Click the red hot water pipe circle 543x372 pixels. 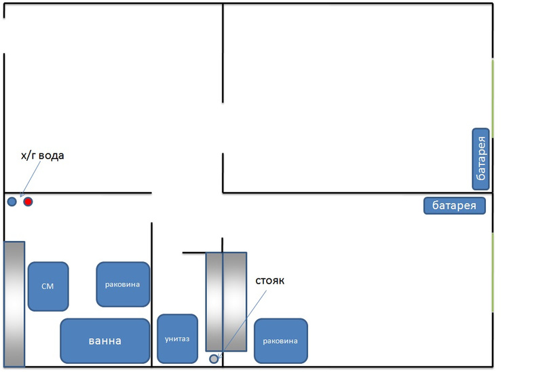tap(28, 202)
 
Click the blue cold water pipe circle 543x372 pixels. tap(12, 202)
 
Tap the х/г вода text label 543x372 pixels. tap(43, 156)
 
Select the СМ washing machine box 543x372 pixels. tap(48, 286)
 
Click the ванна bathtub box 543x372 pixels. tap(105, 341)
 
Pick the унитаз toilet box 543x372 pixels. tap(177, 338)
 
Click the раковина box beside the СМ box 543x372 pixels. tap(123, 284)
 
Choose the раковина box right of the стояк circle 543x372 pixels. tap(280, 340)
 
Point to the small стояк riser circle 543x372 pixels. tap(214, 358)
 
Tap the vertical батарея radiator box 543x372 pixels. tap(481, 158)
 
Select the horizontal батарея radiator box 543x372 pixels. tap(455, 205)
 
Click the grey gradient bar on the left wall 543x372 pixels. tap(14, 303)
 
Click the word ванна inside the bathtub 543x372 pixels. tap(105, 341)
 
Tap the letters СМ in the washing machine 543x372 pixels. tap(48, 286)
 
